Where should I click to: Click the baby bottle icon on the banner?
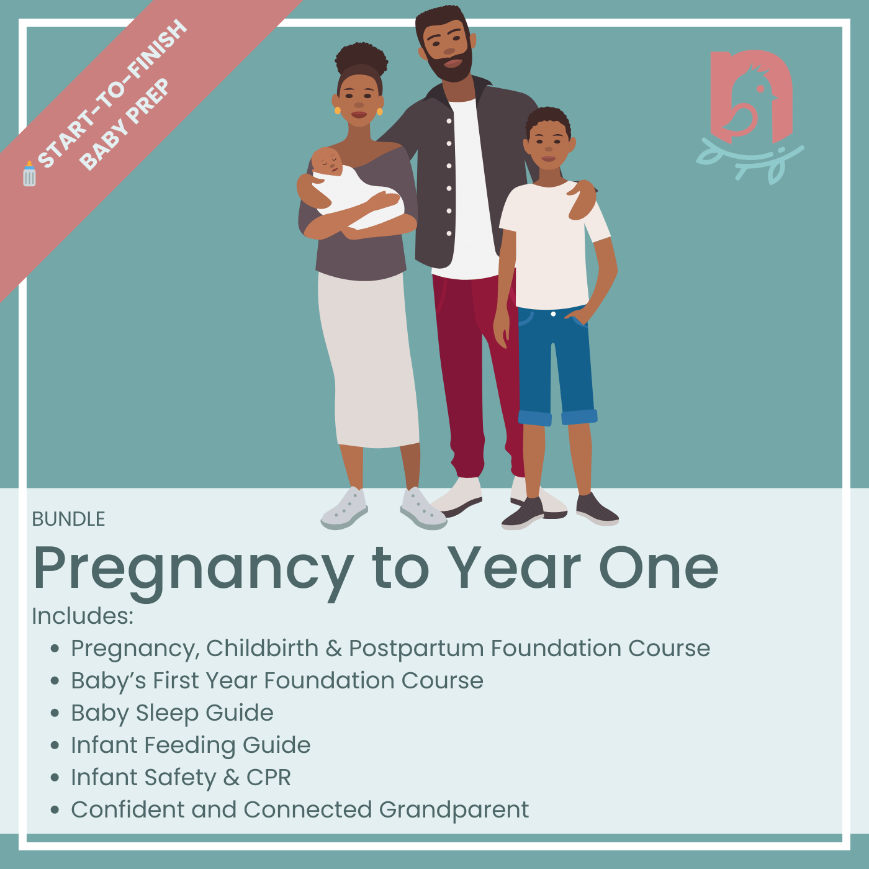(x=29, y=174)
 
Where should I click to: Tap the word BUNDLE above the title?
(x=68, y=519)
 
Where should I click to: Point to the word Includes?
(x=83, y=616)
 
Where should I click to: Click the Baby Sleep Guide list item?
(x=172, y=713)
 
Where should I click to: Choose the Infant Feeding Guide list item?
(x=191, y=745)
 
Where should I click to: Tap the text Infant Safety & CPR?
(x=181, y=777)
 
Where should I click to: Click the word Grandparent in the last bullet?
(x=454, y=809)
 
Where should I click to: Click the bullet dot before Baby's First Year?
(x=55, y=681)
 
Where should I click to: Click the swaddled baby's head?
(x=326, y=161)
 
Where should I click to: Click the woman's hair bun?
(x=361, y=59)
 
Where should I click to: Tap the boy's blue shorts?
(x=556, y=363)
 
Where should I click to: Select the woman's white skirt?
(x=369, y=360)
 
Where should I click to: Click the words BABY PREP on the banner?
(x=124, y=124)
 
